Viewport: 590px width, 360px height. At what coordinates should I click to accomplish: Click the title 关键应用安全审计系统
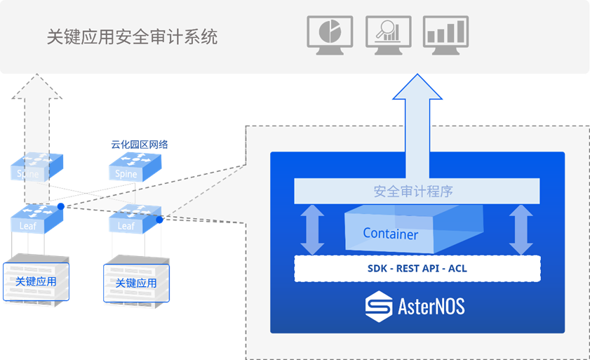(x=132, y=36)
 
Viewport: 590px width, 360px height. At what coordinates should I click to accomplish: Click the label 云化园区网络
(x=140, y=145)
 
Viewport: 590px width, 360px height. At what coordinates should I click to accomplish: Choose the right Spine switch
(x=135, y=166)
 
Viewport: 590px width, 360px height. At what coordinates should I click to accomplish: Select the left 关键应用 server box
(x=36, y=281)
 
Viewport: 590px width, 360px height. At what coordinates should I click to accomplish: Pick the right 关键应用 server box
(x=135, y=283)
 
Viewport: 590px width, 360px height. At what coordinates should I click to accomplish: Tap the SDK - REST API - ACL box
(x=417, y=268)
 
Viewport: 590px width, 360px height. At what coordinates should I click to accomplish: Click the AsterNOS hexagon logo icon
(x=379, y=307)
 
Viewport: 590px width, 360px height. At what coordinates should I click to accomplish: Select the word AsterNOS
(x=431, y=307)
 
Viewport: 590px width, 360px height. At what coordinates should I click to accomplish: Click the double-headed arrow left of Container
(x=311, y=229)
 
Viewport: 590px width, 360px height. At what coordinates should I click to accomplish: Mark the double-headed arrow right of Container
(x=521, y=229)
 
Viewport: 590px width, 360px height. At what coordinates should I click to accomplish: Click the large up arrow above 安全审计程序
(x=418, y=126)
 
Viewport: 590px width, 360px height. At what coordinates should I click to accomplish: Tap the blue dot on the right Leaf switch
(x=160, y=220)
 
